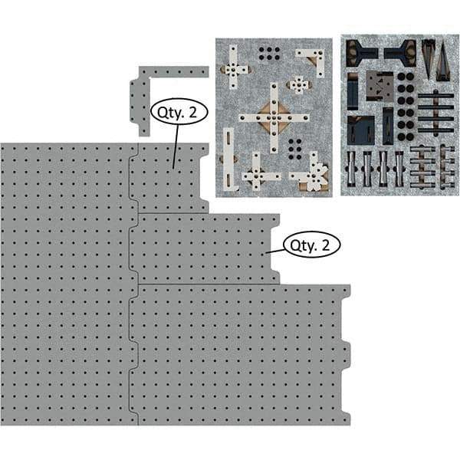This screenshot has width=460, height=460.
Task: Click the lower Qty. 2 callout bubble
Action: pyautogui.click(x=311, y=245)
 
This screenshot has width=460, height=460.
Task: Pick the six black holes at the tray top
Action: pyautogui.click(x=269, y=54)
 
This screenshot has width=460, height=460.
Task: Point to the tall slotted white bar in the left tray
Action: pyautogui.click(x=228, y=156)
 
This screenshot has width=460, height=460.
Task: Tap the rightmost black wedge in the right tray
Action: pyautogui.click(x=443, y=61)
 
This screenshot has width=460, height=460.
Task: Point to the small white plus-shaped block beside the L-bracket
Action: pyautogui.click(x=298, y=84)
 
